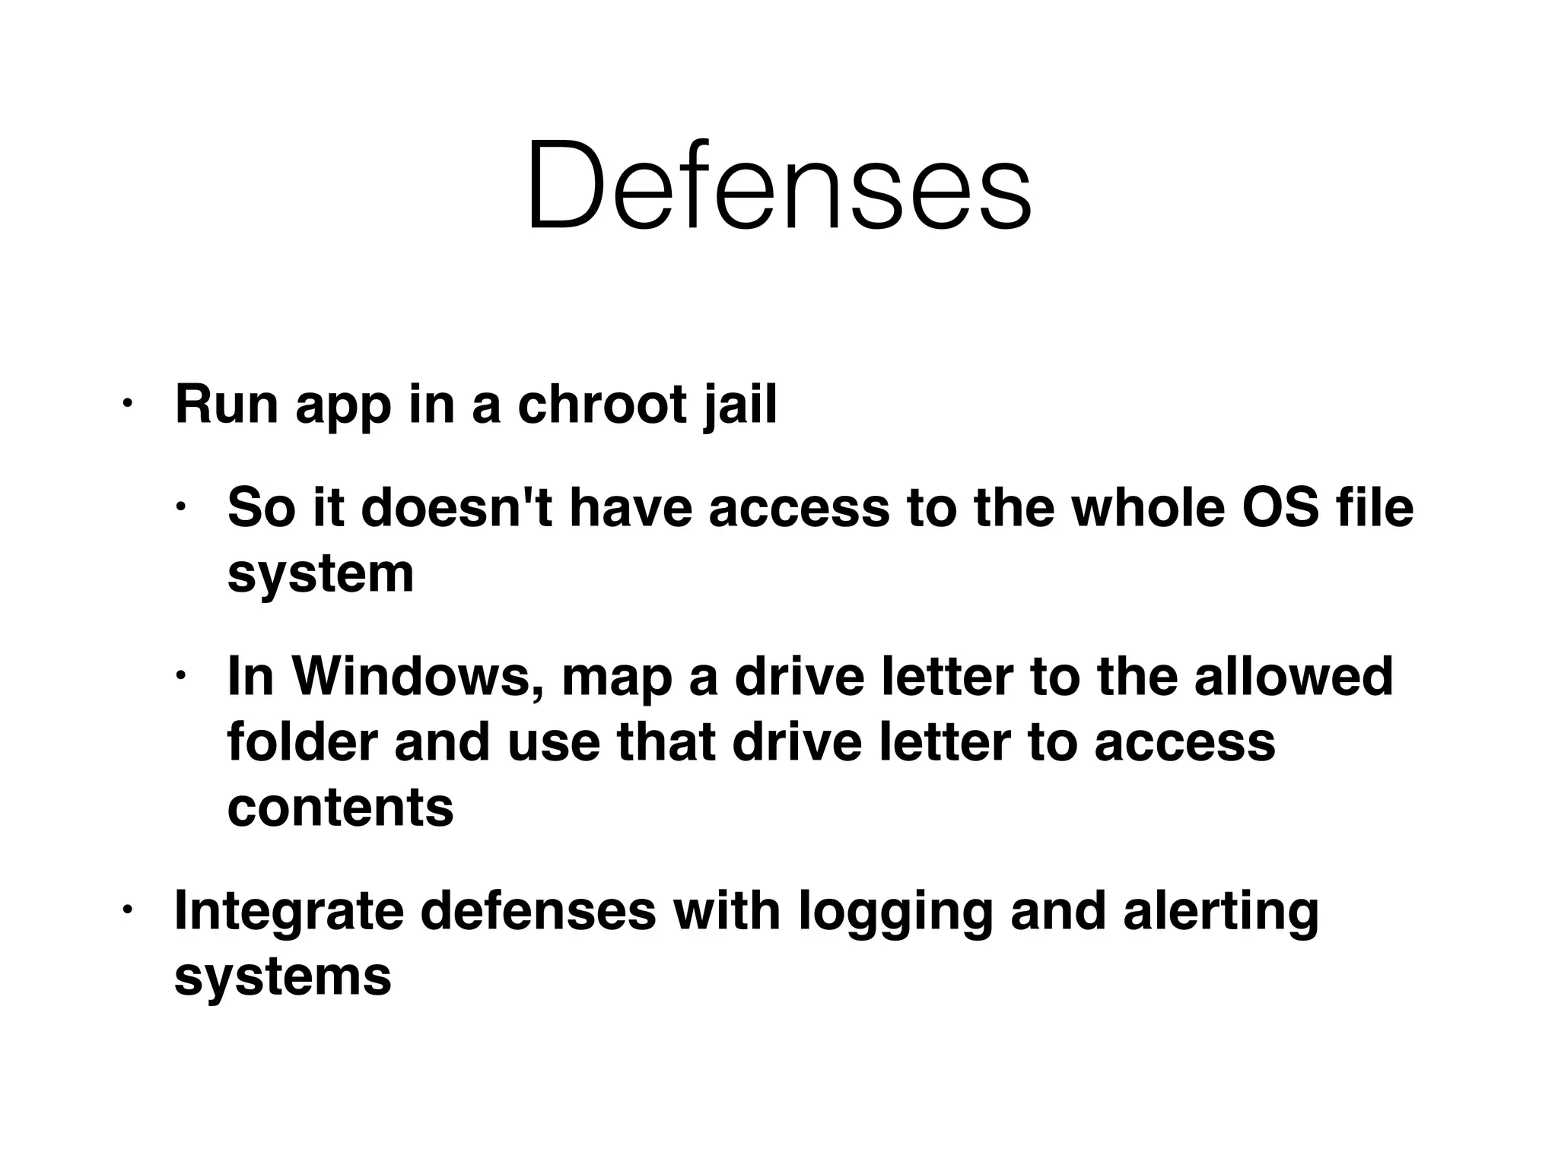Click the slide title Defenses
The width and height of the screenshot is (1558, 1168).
778,186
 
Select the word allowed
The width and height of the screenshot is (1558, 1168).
1293,676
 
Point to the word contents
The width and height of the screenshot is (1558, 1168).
340,807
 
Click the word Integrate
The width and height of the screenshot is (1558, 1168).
288,911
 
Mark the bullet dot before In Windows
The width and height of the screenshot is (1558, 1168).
180,674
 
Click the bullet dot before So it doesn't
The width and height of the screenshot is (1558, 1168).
180,506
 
